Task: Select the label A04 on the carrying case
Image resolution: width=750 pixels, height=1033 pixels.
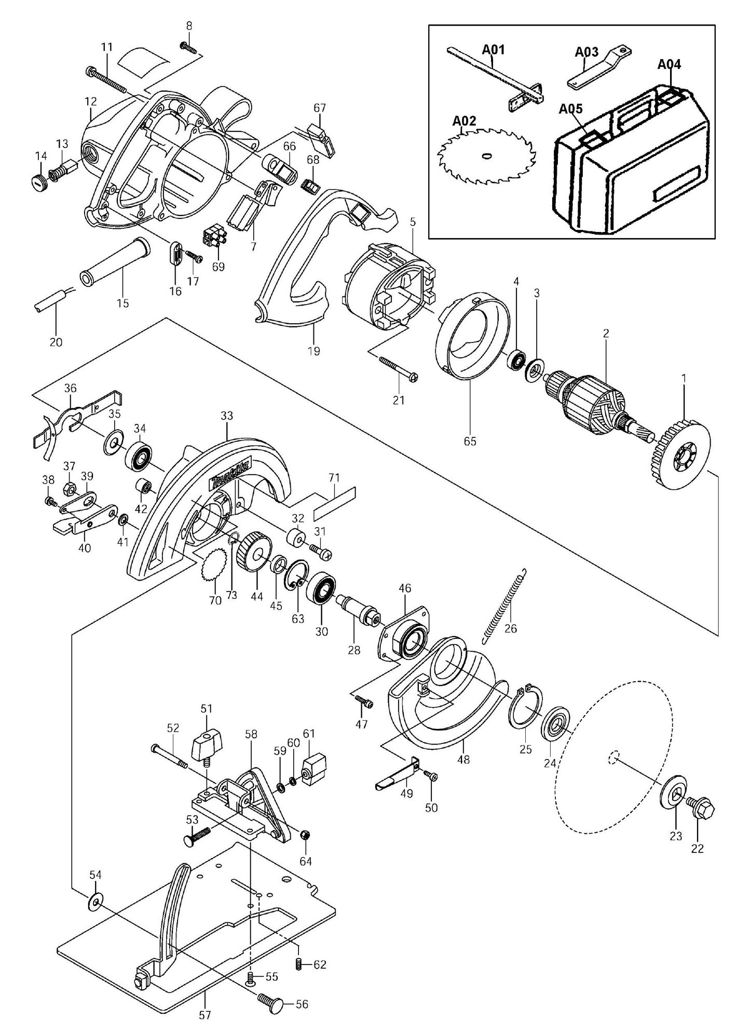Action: click(x=669, y=64)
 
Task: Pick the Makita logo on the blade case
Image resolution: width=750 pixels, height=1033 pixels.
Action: click(x=230, y=474)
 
